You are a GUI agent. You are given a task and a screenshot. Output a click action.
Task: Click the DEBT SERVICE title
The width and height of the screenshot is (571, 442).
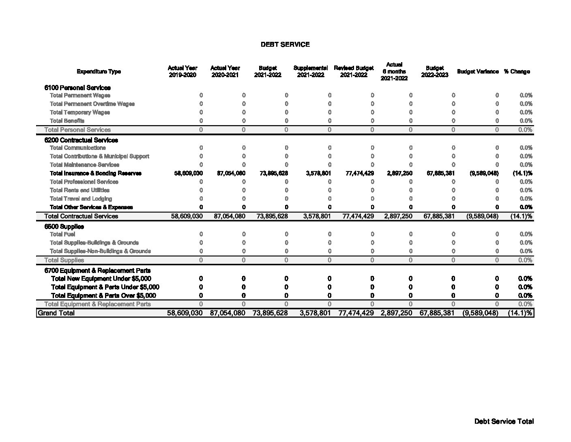[x=285, y=44]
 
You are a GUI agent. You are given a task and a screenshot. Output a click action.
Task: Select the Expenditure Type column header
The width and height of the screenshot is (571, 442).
[x=99, y=71]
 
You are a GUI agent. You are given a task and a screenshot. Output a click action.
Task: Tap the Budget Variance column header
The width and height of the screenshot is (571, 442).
[x=478, y=71]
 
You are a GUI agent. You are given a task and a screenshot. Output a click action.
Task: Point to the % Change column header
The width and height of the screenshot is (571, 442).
[x=517, y=71]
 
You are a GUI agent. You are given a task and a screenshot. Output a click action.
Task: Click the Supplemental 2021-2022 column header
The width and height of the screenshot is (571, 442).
[x=310, y=71]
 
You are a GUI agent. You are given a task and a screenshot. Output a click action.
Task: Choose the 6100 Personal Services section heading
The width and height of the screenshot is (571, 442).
[x=77, y=87]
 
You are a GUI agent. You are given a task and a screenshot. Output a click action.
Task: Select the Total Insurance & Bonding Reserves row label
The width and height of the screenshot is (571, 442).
[x=96, y=173]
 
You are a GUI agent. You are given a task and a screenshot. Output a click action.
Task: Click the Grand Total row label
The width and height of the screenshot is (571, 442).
[x=56, y=313]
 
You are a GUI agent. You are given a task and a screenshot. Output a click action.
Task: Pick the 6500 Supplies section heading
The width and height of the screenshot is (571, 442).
[x=64, y=226]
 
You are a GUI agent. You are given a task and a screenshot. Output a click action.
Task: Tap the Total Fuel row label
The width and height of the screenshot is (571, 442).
[x=62, y=234]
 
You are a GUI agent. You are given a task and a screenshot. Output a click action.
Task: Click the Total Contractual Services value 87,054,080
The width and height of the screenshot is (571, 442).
[x=230, y=216]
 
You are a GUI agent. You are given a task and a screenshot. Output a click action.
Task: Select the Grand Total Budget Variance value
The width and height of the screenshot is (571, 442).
[x=480, y=313]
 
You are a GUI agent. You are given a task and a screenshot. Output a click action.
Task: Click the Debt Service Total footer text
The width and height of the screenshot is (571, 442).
[x=504, y=421]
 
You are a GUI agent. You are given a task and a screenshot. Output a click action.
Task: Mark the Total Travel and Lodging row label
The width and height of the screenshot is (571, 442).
[x=81, y=199]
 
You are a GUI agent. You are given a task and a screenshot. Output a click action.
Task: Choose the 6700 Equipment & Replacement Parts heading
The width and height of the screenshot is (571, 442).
[x=97, y=270]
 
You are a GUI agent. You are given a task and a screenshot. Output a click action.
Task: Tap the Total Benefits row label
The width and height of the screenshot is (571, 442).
[x=67, y=121]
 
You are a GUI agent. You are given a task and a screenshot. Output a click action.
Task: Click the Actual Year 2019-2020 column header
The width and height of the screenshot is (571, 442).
[x=182, y=71]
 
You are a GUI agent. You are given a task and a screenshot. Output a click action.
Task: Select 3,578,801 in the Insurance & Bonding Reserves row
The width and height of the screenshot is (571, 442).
[x=318, y=173]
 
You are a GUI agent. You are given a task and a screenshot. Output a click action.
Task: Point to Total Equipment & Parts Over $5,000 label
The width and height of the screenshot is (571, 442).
[x=103, y=295]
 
